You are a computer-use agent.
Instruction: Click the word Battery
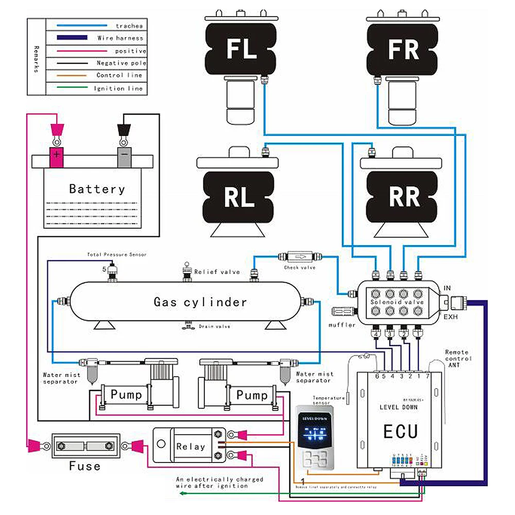[x=97, y=189]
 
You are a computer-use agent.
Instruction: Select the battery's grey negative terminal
[x=124, y=155]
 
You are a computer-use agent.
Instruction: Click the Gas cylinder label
[x=200, y=302]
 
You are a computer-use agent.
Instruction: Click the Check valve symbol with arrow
[x=299, y=256]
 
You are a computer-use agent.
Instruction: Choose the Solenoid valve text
[x=397, y=302]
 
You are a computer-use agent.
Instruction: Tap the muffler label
[x=342, y=325]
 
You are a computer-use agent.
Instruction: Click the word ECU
[x=400, y=431]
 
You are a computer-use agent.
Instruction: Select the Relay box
[x=190, y=447]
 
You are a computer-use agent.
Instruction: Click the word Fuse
[x=84, y=467]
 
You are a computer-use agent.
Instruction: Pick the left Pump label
[x=126, y=396]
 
